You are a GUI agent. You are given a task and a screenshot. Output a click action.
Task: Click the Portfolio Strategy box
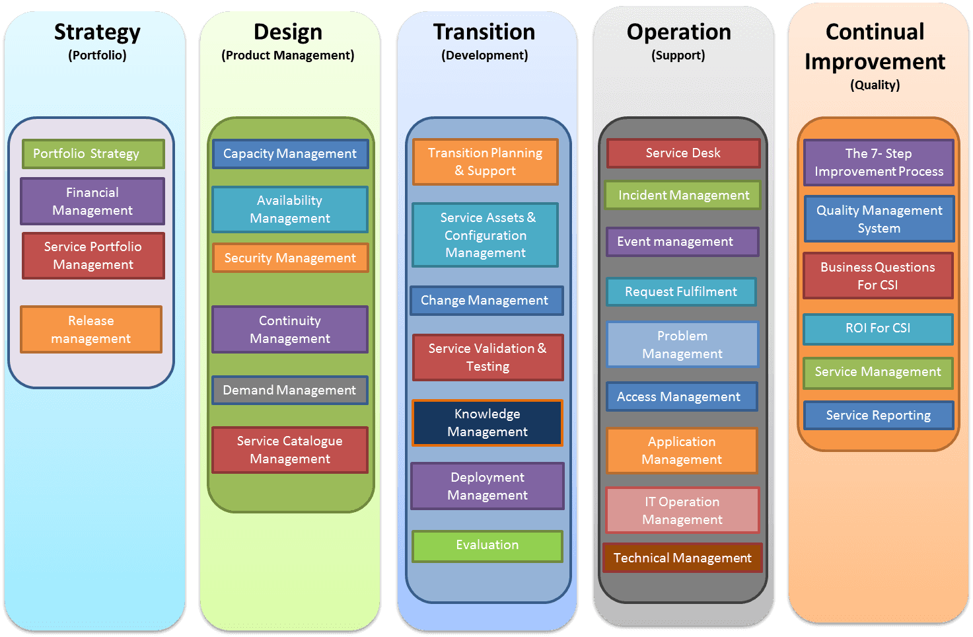coord(93,154)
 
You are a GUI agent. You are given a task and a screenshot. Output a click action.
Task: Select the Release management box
coord(91,329)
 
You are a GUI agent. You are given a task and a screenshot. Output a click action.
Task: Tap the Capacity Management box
coord(290,154)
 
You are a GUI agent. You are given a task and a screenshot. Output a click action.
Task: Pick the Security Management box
coord(290,258)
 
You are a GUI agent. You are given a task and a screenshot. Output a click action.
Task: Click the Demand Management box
coord(289,390)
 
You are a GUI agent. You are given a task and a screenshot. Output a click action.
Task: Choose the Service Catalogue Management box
coord(289,449)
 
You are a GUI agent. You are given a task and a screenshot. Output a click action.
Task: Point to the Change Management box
coord(486,301)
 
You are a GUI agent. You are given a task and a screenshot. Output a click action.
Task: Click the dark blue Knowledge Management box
coord(487,423)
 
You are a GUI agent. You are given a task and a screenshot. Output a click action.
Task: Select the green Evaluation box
coord(487,546)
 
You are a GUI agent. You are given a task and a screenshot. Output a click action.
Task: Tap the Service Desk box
coord(683,153)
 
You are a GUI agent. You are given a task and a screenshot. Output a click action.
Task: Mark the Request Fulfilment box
coord(681,291)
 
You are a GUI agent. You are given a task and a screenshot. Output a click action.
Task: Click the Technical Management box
coord(682,558)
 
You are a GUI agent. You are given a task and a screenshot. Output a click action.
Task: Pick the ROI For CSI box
coord(878,328)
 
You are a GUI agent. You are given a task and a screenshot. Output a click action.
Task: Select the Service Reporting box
coord(878,415)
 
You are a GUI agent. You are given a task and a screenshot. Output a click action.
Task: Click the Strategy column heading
coord(97,32)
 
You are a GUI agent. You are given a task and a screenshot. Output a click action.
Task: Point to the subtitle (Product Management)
coord(288,56)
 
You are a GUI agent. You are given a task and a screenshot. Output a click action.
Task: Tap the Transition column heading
coord(484,32)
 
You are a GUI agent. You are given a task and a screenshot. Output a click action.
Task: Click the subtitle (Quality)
coord(875,85)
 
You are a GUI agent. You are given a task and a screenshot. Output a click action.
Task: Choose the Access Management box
coord(681,396)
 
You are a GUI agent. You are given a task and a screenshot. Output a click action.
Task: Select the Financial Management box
coord(92,202)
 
